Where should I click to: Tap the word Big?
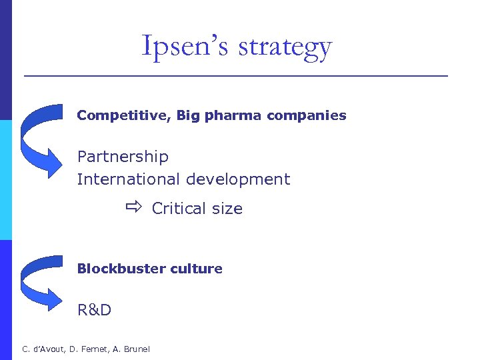[x=188, y=115]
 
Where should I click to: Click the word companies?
[x=307, y=116]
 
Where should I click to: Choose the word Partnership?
[x=123, y=157]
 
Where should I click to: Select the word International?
[x=129, y=179]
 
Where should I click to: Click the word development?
[x=238, y=180]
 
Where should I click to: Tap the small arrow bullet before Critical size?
[x=133, y=208]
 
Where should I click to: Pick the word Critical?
[x=179, y=209]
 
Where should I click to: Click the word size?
[x=227, y=209]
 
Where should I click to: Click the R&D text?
[x=94, y=310]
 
